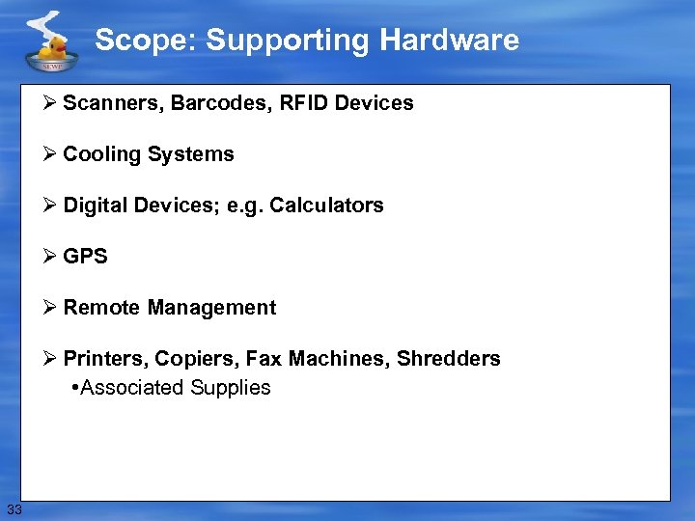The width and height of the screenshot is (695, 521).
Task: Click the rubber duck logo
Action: click(48, 42)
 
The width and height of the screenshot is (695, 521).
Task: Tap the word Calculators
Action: click(326, 206)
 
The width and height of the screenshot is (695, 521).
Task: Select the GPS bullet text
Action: click(85, 257)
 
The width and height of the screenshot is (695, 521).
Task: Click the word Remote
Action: click(101, 308)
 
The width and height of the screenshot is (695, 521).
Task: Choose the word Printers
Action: click(103, 359)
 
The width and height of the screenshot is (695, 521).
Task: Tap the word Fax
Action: click(264, 359)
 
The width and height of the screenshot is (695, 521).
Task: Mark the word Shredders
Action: click(450, 359)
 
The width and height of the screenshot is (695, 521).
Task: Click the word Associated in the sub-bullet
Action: click(132, 388)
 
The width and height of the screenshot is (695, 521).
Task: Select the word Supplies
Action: click(231, 388)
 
